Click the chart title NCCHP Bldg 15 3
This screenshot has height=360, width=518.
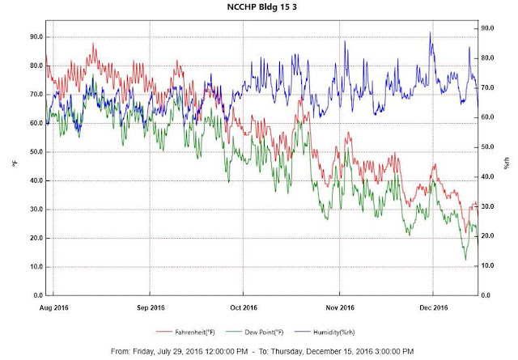(x=259, y=6)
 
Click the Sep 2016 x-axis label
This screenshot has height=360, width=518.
(x=151, y=307)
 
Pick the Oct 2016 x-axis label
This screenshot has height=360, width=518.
(x=244, y=307)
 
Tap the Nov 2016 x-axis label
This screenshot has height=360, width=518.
(x=339, y=307)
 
